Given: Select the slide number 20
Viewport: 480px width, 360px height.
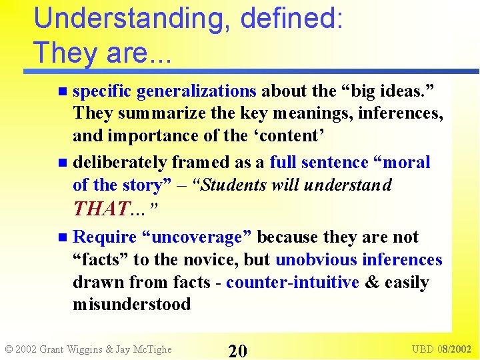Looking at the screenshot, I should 238,349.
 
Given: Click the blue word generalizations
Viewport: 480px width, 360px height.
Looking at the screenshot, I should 196,91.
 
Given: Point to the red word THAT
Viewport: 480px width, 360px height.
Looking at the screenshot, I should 100,209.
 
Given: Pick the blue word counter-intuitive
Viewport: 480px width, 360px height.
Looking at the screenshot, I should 293,282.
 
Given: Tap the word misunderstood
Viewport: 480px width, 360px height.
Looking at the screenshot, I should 132,305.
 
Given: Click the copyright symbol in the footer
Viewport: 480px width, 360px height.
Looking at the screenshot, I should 9,349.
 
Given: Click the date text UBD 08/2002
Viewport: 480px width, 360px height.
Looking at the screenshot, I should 441,349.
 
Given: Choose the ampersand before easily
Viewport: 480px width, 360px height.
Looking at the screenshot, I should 371,282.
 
